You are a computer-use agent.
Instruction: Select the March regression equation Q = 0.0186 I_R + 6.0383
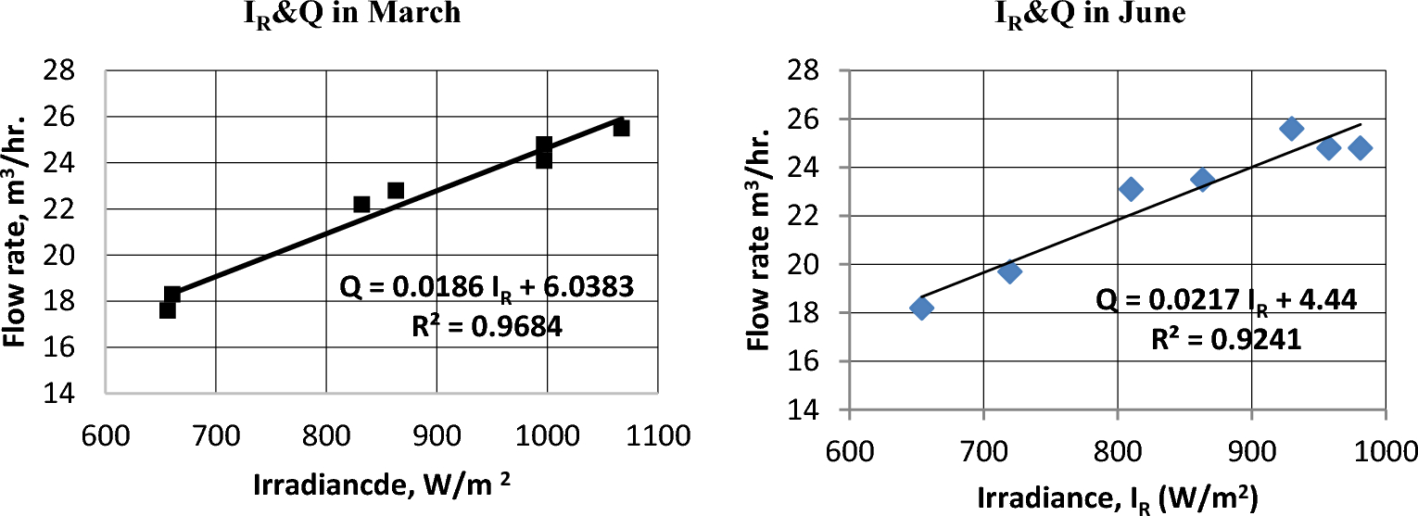coord(487,288)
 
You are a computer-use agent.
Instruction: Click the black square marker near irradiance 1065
coord(621,128)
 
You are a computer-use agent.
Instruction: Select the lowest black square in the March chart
coord(167,310)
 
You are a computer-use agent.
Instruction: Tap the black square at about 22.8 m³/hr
coord(396,190)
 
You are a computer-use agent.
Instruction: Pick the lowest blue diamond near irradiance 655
coord(921,308)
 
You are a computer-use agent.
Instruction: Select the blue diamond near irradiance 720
coord(1010,271)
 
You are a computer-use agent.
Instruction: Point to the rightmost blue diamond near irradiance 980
coord(1361,147)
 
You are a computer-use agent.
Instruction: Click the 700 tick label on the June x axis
coord(984,453)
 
